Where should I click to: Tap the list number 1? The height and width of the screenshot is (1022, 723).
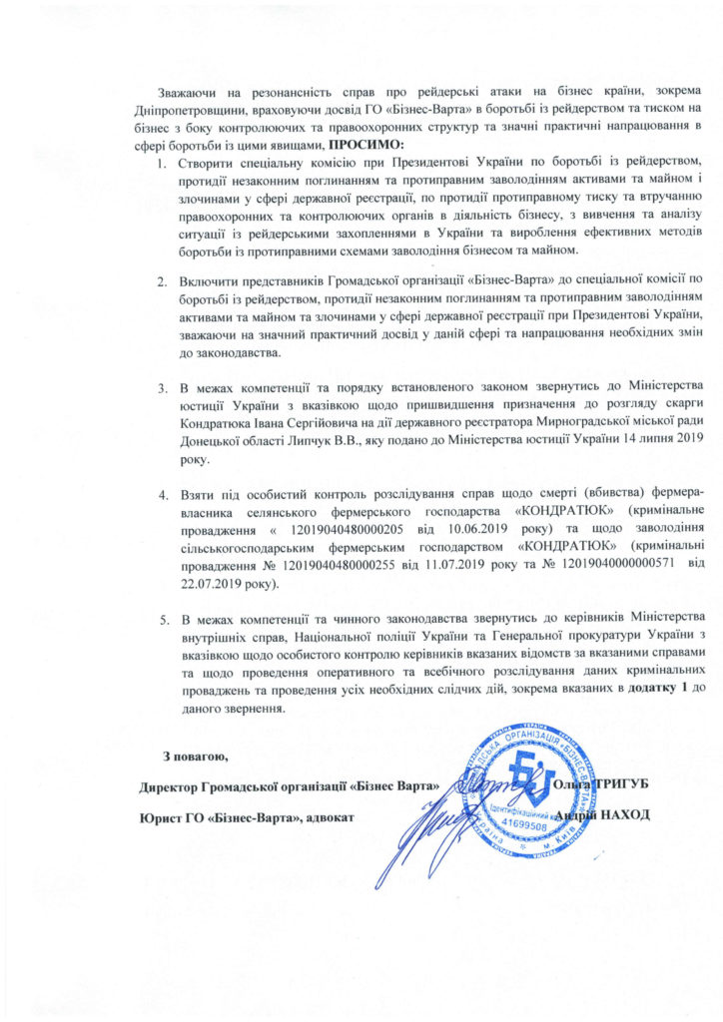(164, 162)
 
